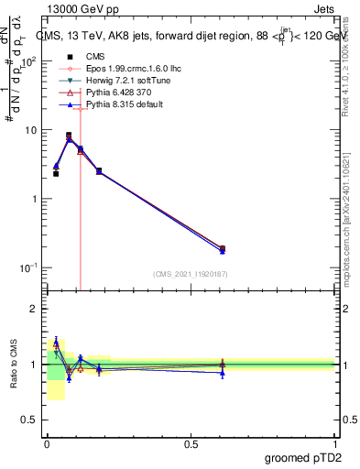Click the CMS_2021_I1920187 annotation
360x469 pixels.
[x=190, y=274]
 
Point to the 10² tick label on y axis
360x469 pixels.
[x=29, y=61]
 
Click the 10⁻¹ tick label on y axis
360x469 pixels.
[x=29, y=267]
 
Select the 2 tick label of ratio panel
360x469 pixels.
[x=34, y=309]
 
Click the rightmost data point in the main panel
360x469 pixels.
[x=223, y=248]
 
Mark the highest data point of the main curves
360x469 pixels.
[x=69, y=136]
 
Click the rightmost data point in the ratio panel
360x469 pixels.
[x=223, y=365]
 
